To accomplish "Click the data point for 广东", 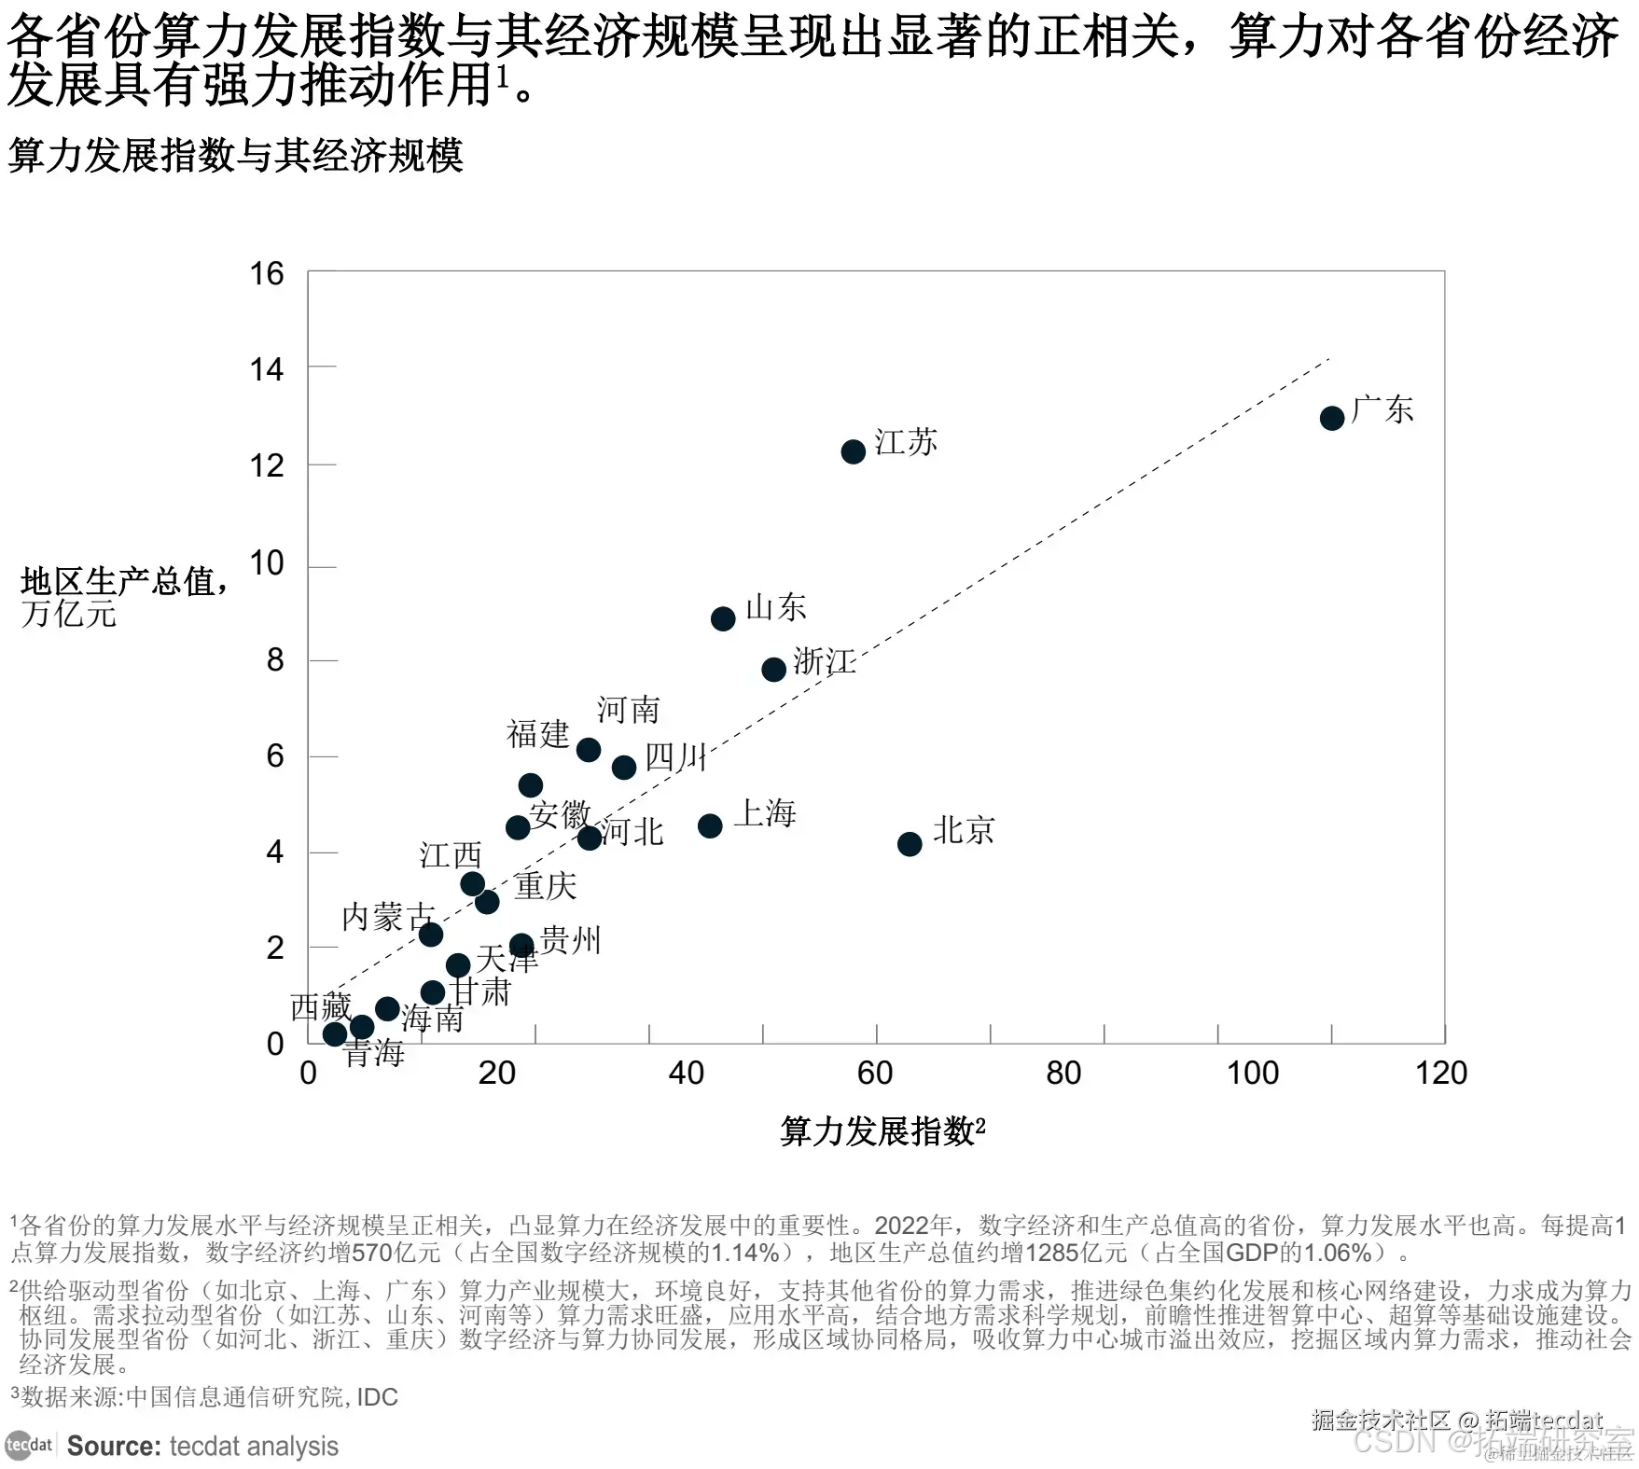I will [x=1331, y=418].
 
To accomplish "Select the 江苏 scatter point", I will [x=853, y=452].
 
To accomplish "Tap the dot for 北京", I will [x=909, y=844].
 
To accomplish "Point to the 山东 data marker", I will [x=722, y=618].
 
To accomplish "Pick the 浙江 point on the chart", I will [x=773, y=669].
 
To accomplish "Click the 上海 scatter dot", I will [x=710, y=825].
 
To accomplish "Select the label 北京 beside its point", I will [x=964, y=830].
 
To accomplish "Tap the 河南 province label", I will [x=628, y=711].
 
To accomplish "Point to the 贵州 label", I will [x=570, y=940].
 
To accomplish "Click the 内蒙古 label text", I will [x=387, y=918].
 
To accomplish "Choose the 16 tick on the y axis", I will [x=267, y=273].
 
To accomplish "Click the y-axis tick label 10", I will [x=267, y=563].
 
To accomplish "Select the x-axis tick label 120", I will [x=1440, y=1074].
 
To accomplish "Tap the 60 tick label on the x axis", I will [x=875, y=1074].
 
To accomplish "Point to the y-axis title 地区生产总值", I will [x=119, y=582].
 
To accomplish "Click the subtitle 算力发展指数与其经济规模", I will [x=235, y=156].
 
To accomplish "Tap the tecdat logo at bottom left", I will [x=28, y=1445].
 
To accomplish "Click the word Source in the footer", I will [x=114, y=1446].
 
